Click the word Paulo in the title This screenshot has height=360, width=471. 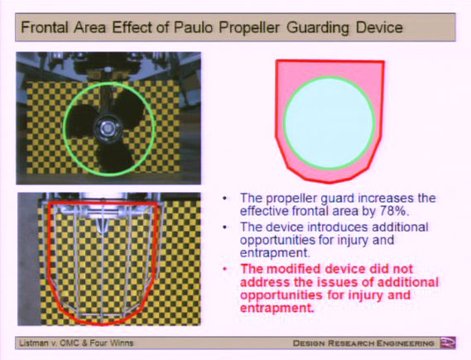tap(194, 27)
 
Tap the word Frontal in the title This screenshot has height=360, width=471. tap(45, 27)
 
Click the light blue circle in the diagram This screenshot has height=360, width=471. tap(329, 122)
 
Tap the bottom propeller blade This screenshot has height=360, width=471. tap(114, 158)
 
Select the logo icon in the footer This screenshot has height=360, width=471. tap(448, 343)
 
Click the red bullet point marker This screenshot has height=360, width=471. tap(225, 269)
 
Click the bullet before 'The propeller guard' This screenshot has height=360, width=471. tap(225, 199)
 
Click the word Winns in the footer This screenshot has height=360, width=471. tap(123, 343)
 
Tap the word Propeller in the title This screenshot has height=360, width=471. tap(249, 27)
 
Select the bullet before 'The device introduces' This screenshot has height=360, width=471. tap(225, 228)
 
